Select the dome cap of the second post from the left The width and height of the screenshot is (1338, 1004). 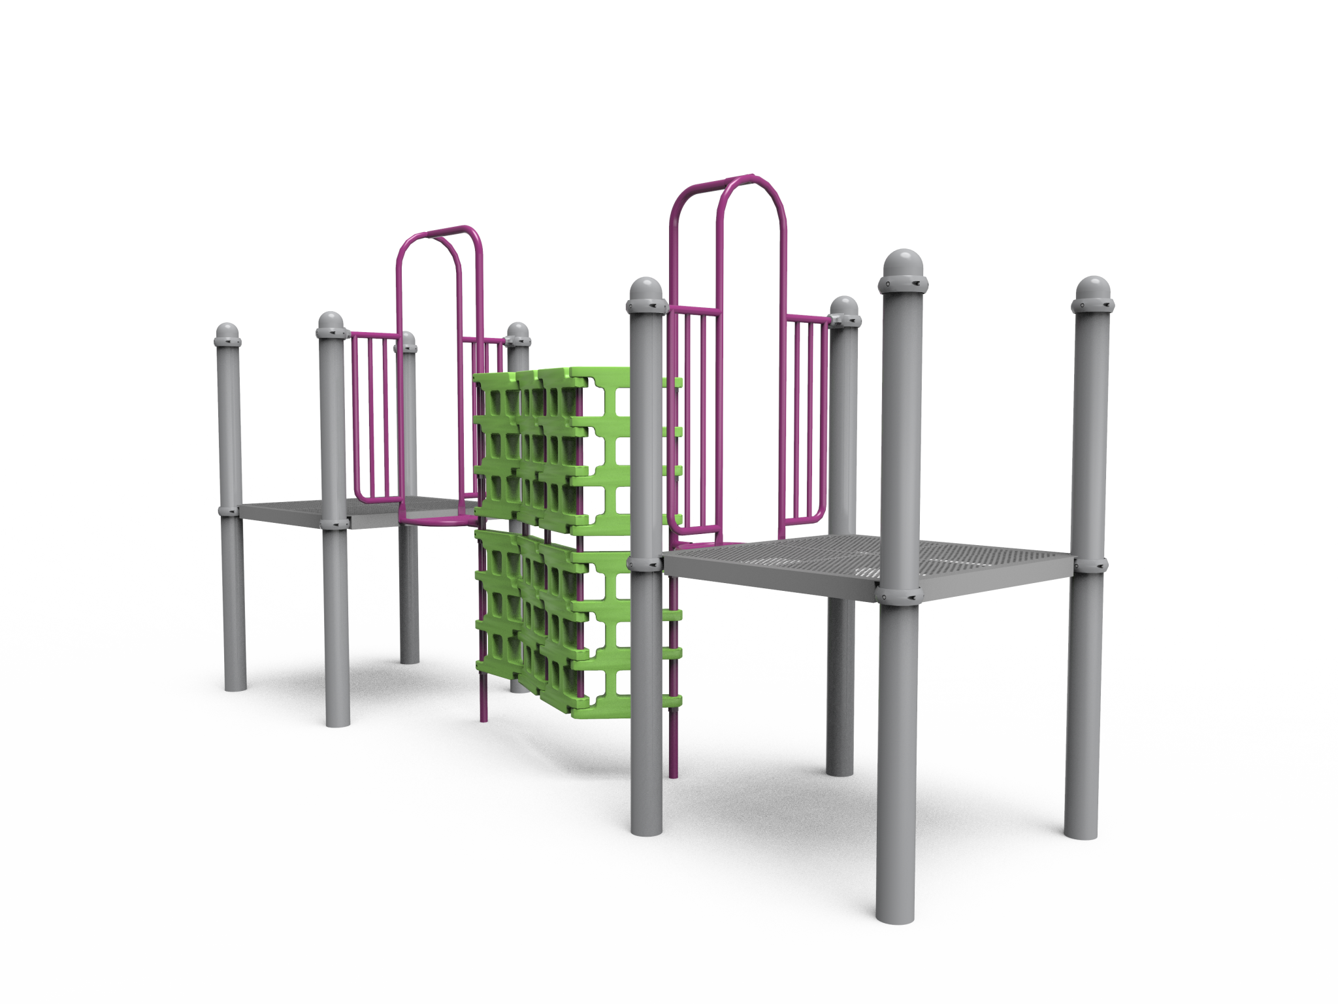331,324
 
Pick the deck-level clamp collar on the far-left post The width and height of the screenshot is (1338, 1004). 227,510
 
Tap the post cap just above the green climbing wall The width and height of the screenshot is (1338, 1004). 518,332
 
